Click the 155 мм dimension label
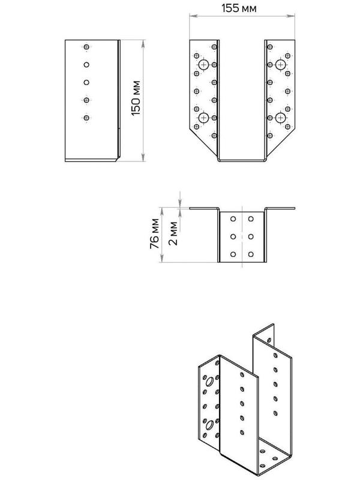click(x=242, y=9)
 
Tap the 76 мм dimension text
click(x=154, y=235)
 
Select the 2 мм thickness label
click(x=173, y=235)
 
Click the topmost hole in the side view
click(x=86, y=47)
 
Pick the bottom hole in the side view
click(x=86, y=118)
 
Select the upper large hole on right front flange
click(x=280, y=64)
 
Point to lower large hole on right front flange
click(x=280, y=118)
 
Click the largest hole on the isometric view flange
click(x=208, y=381)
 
